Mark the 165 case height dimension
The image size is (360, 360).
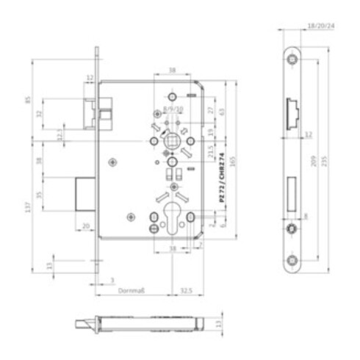[x=233, y=161]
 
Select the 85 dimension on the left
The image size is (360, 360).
[x=27, y=96]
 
